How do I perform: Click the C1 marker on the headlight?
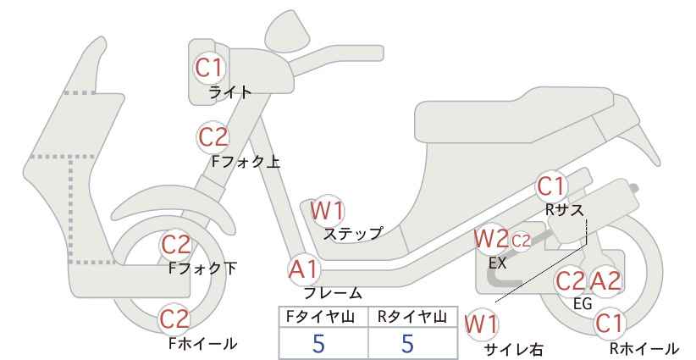pos(208,68)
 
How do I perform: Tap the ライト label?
pos(230,92)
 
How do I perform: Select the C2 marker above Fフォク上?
pos(213,136)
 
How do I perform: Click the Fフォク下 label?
pos(203,269)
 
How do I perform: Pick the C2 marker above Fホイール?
pos(174,319)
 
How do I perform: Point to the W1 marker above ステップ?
pos(327,210)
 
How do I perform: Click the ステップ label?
pos(352,234)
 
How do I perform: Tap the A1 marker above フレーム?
pos(304,269)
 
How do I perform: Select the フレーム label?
pos(333,293)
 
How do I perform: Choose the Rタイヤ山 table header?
pos(412,317)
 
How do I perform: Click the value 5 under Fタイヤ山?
pos(318,344)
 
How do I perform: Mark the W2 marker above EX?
pos(491,239)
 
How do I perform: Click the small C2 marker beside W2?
pos(521,241)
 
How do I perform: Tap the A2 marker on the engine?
pos(605,281)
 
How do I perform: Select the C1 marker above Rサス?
pos(551,187)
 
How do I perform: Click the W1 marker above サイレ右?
pos(481,325)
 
